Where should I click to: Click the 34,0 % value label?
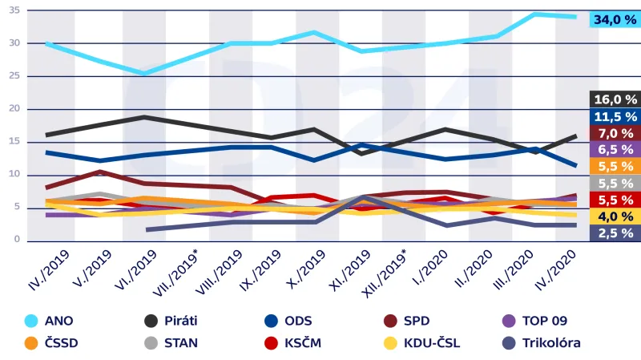click(x=614, y=20)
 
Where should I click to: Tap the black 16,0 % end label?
click(x=615, y=99)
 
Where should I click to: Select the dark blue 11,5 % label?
click(x=615, y=116)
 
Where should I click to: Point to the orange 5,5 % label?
click(x=615, y=166)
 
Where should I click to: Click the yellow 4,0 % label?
click(x=615, y=216)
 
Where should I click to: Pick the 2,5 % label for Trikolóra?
click(x=615, y=233)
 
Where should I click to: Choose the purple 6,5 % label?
click(x=615, y=149)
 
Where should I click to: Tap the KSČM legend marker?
click(x=272, y=343)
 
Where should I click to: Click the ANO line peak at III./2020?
click(x=536, y=14)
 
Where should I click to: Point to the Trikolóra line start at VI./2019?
click(x=147, y=230)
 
